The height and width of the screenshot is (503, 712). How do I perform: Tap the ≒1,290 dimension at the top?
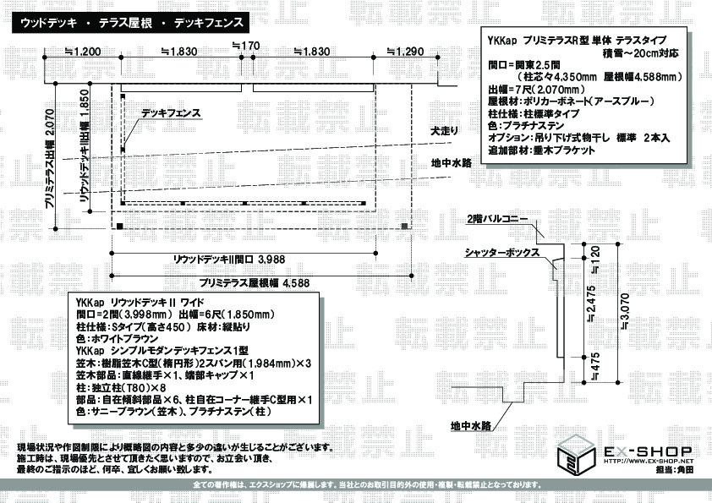404,52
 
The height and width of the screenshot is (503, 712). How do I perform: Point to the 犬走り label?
443,131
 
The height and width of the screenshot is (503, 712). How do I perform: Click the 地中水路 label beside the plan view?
450,163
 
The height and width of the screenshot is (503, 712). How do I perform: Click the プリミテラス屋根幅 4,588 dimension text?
255,282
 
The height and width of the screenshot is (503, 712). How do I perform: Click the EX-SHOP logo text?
648,451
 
